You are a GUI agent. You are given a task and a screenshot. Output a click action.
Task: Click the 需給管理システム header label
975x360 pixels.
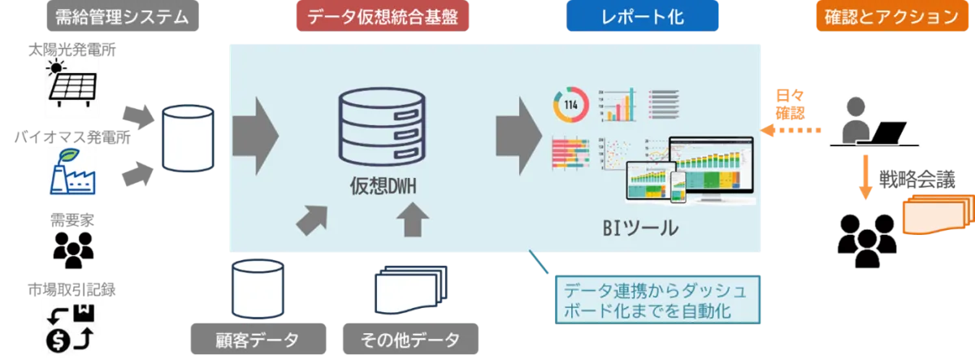[x=123, y=15]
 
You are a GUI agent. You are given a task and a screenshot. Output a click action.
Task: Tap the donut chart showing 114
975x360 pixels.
[x=570, y=104]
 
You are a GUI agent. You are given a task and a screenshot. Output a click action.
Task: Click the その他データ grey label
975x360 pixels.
[x=409, y=339]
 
